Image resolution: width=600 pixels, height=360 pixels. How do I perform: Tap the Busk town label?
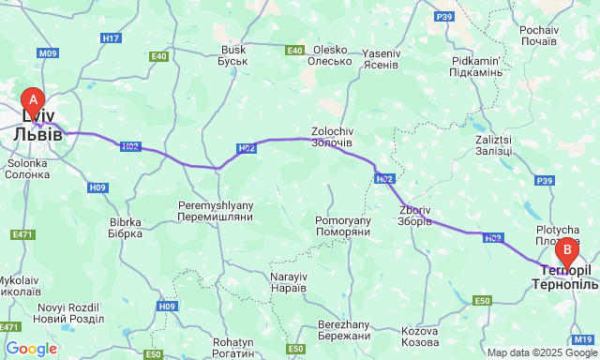click(x=233, y=55)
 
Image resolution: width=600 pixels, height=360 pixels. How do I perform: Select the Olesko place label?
click(x=330, y=55)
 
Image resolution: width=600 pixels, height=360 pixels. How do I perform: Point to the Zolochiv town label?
click(x=331, y=136)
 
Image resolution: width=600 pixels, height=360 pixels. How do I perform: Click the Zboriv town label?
click(x=415, y=216)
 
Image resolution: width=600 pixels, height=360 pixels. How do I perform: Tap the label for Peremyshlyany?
click(x=216, y=209)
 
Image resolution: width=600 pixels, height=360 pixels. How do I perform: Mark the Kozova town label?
click(x=419, y=337)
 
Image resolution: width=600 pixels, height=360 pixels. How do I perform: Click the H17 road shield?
click(x=111, y=38)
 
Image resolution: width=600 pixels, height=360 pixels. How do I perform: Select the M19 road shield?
click(x=582, y=338)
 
